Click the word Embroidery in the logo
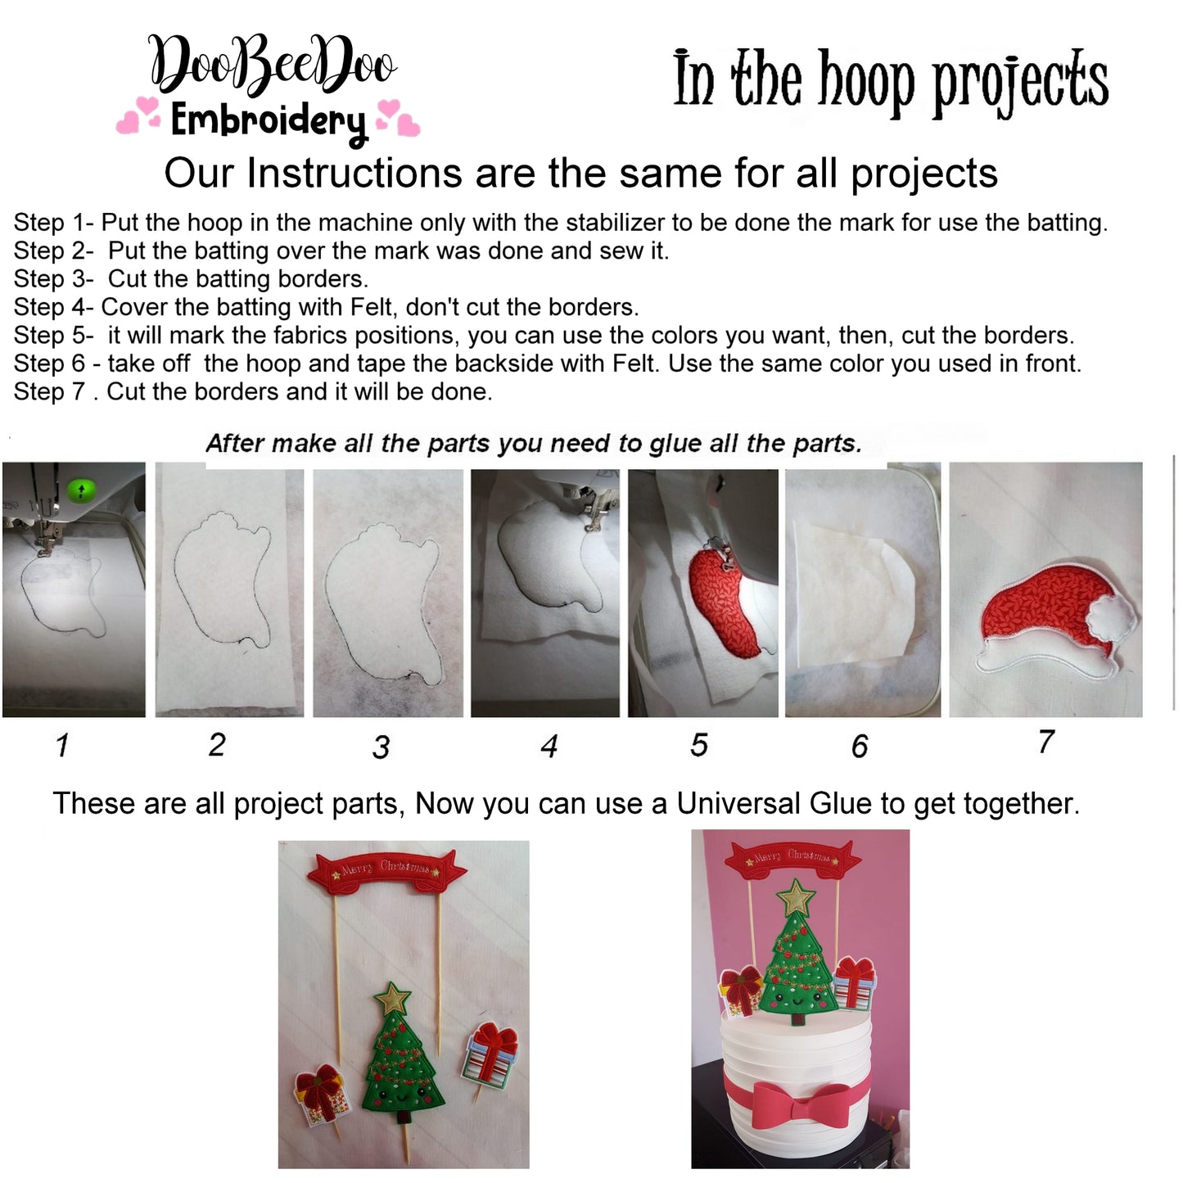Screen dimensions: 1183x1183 (x=268, y=122)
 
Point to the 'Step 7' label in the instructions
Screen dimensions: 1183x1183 (x=50, y=391)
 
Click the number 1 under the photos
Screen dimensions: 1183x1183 (x=62, y=746)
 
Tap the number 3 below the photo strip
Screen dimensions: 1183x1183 (x=381, y=747)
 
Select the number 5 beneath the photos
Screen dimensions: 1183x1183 (x=698, y=745)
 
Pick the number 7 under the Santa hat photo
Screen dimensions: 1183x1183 (x=1045, y=742)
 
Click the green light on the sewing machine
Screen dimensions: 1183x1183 (x=81, y=490)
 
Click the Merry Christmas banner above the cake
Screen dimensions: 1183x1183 (x=792, y=857)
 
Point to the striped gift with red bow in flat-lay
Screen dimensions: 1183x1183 (x=491, y=1056)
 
